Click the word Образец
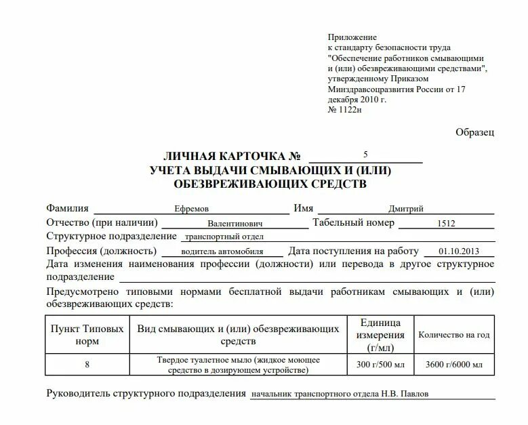[x=475, y=132]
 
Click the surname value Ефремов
[x=192, y=209]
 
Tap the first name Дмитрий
[x=406, y=209]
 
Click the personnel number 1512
[x=447, y=223]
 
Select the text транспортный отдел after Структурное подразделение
[x=224, y=237]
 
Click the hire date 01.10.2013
[x=458, y=251]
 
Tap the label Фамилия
[x=68, y=208]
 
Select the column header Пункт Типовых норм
[x=87, y=334]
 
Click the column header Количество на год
[x=454, y=334]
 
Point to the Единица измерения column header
[x=380, y=334]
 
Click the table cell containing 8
[x=87, y=365]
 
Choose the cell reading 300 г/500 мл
[x=380, y=365]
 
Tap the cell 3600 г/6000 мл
[x=454, y=365]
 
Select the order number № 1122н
[x=345, y=109]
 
